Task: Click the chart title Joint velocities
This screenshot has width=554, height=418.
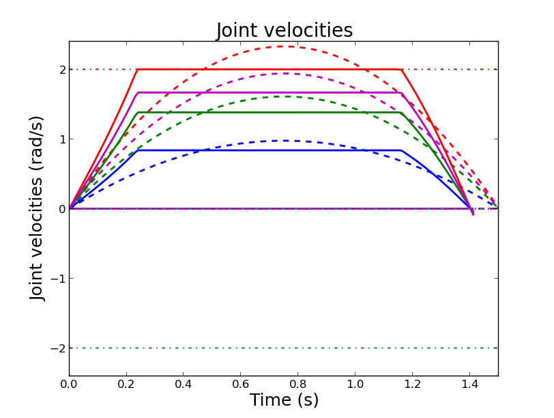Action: (285, 31)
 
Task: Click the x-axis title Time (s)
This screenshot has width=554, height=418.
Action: (284, 400)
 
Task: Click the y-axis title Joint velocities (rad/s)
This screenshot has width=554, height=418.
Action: (38, 208)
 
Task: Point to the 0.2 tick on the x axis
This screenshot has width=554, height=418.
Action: (126, 385)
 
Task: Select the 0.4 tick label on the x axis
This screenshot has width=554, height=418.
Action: (184, 385)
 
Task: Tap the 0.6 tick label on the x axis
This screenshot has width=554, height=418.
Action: (240, 385)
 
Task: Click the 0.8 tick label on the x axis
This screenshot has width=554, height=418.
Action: (297, 385)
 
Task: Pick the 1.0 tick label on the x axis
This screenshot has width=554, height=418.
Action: (355, 385)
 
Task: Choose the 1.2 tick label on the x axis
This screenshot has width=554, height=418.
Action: (412, 385)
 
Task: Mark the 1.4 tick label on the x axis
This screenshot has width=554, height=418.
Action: (469, 385)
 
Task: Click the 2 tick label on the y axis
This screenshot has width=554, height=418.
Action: (61, 70)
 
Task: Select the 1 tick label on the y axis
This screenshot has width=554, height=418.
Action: (61, 139)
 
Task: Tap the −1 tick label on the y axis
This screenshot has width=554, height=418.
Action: (59, 279)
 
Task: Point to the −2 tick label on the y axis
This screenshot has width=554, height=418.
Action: (59, 348)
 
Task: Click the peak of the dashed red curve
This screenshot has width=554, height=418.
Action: (284, 46)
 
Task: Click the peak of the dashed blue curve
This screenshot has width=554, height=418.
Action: (284, 141)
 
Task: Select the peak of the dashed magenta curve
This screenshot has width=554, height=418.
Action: (284, 74)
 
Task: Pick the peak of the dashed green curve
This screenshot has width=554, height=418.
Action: (284, 96)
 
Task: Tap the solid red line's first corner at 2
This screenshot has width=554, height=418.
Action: (138, 70)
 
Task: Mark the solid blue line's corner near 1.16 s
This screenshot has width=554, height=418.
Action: (400, 150)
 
